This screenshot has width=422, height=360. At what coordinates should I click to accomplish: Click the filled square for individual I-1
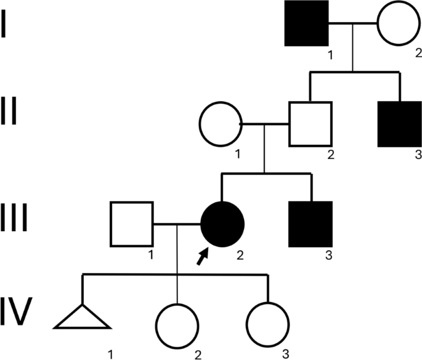[306, 24]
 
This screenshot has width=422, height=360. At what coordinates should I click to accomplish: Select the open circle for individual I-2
[399, 24]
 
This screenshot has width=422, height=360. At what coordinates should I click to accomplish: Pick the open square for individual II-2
[310, 123]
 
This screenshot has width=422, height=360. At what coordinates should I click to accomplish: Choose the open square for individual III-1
[131, 223]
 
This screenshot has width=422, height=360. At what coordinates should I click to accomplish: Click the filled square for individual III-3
[310, 223]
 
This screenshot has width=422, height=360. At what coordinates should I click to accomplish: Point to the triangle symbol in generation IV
[83, 319]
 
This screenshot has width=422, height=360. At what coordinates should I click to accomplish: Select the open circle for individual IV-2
[177, 325]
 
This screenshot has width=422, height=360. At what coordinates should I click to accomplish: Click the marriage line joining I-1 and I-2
[352, 24]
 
